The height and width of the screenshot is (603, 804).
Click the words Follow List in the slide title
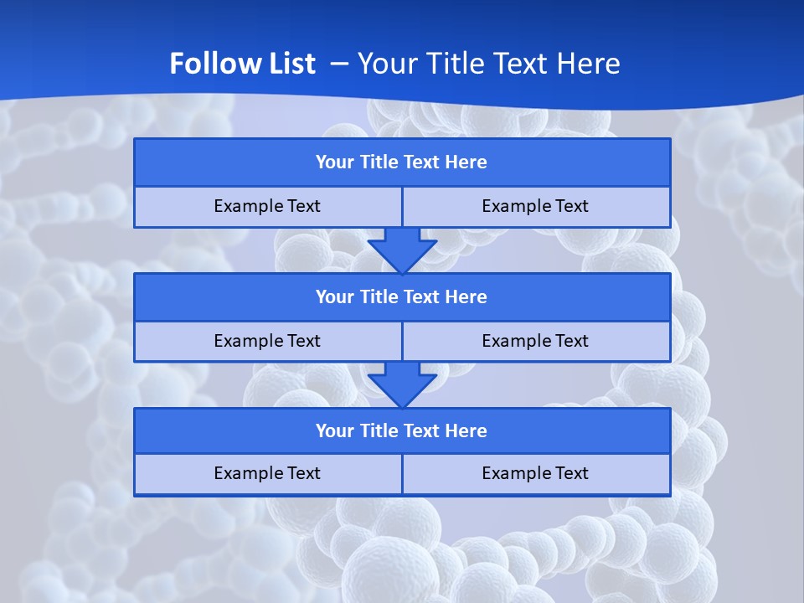(242, 64)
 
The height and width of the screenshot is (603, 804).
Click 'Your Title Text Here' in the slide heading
(488, 64)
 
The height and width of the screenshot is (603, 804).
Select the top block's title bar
(402, 162)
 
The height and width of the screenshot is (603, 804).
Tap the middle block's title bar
(402, 297)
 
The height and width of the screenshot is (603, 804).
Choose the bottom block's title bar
(402, 431)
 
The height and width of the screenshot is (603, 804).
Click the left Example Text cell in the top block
(267, 207)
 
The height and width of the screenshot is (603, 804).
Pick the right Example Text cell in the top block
(536, 207)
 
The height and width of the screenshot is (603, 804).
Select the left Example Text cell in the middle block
(267, 342)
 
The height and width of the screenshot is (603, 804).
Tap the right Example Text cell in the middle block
(536, 342)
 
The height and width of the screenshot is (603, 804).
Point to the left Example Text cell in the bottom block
(267, 474)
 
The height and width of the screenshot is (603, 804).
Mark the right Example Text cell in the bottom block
(536, 474)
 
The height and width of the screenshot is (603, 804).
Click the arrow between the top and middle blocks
(402, 250)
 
